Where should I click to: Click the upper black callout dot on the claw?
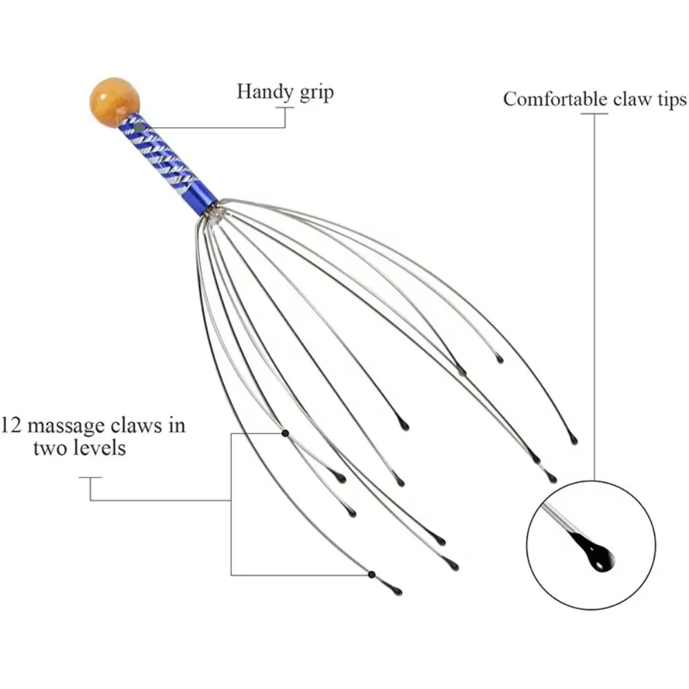coord(285,433)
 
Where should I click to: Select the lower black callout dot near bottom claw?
coord(371,574)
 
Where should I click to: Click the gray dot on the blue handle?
coord(138,127)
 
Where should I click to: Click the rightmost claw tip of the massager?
coord(573,440)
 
